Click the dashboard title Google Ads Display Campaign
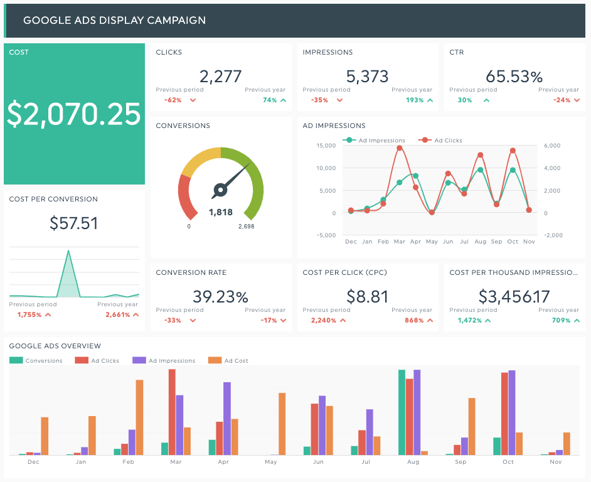pos(114,20)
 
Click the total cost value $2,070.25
pos(74,114)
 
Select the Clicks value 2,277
pos(220,77)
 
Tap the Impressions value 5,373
pos(367,77)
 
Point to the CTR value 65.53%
pos(514,77)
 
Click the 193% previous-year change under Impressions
pos(415,100)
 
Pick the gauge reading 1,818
pos(220,213)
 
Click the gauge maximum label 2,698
pos(246,227)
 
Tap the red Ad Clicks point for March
pos(400,148)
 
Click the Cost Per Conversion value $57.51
pos(74,223)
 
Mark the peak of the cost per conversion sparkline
pos(68,252)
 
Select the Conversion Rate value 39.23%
pos(220,296)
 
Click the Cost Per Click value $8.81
pos(367,296)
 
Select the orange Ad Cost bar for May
pos(282,424)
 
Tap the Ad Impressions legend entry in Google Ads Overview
pos(171,361)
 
